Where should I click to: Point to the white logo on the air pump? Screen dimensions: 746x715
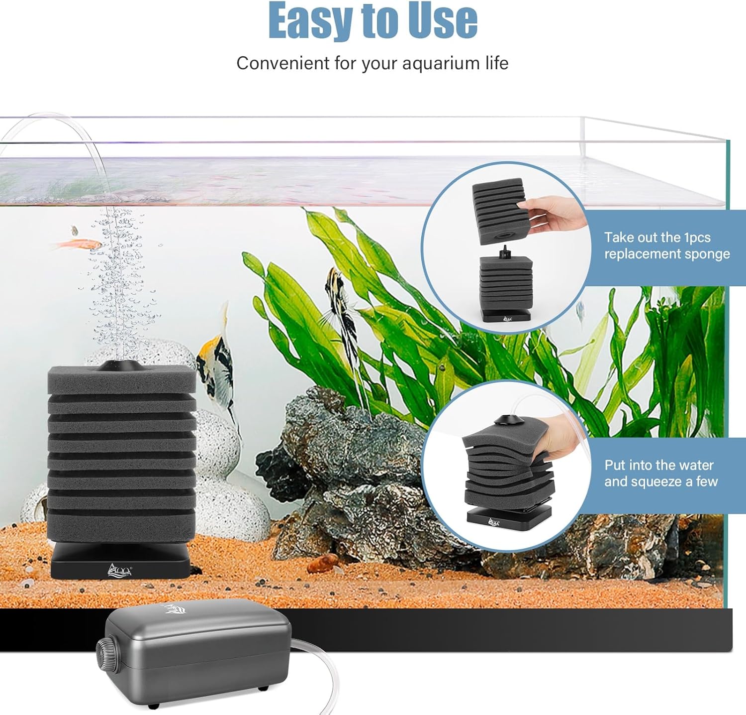tap(174, 609)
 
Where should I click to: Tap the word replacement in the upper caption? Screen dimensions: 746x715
tap(647, 254)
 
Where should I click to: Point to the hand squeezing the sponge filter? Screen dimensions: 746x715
tap(557, 438)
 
